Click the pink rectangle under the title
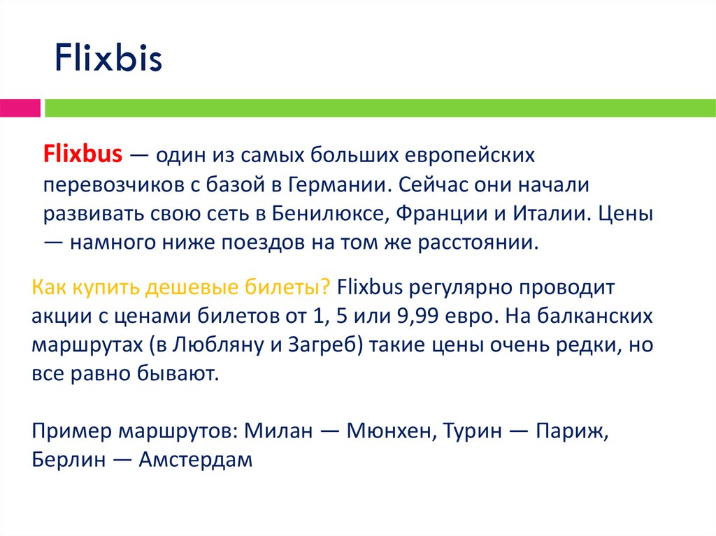click(x=20, y=108)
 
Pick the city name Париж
click(x=571, y=431)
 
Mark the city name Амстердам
click(x=195, y=461)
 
